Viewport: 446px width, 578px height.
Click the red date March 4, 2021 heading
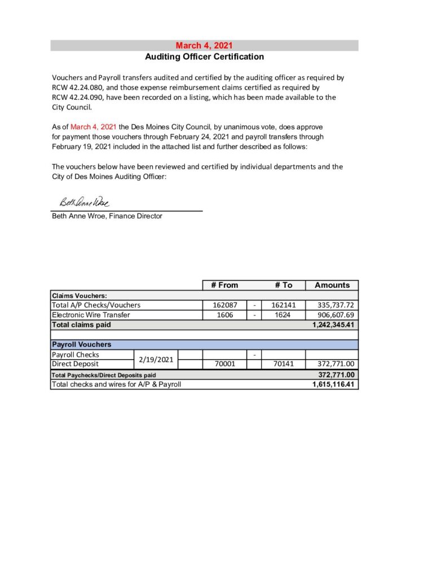(204, 46)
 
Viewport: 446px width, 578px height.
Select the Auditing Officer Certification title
(204, 56)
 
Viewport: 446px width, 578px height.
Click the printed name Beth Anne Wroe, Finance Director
(107, 216)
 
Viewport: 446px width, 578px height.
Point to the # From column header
(224, 285)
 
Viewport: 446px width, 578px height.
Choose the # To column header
(284, 285)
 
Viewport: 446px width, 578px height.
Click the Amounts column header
(332, 285)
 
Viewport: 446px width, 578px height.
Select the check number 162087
(224, 305)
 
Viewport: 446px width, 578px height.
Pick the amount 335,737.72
(335, 305)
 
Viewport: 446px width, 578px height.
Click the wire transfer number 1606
(225, 315)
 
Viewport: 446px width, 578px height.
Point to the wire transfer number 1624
(282, 315)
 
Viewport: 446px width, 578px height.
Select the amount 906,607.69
(335, 315)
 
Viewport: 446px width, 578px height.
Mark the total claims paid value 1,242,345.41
(333, 325)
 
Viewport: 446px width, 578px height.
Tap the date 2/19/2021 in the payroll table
(156, 360)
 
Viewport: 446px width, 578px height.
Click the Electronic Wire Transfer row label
(91, 315)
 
